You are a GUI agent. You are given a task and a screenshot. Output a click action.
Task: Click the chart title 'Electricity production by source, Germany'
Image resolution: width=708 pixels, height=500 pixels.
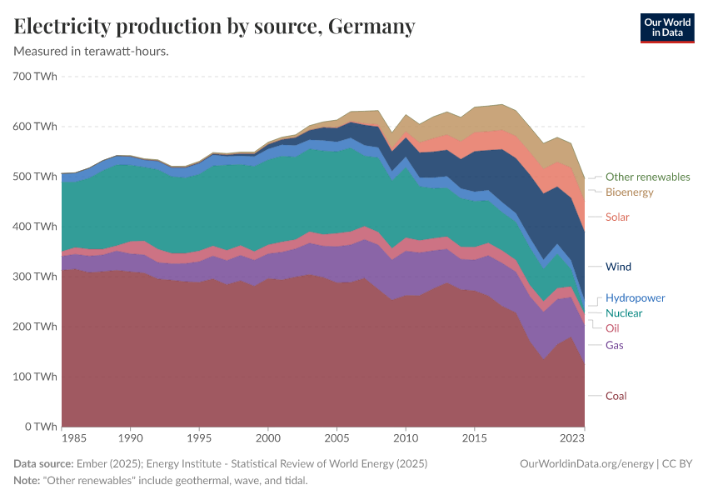tap(214, 27)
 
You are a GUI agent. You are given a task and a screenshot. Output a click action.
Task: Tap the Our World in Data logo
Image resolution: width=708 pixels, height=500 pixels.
tap(667, 27)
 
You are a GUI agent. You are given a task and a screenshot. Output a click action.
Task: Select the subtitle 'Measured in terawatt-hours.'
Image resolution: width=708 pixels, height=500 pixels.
tap(92, 52)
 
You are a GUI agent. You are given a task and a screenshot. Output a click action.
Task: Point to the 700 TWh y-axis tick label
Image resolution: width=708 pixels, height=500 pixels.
tap(35, 77)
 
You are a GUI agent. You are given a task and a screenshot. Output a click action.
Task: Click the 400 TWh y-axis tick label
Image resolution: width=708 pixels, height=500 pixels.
tap(35, 227)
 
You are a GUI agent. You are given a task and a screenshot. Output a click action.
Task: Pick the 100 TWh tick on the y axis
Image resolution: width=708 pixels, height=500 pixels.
tap(35, 377)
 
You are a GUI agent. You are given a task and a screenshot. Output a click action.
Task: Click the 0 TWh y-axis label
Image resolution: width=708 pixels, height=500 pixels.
tap(40, 427)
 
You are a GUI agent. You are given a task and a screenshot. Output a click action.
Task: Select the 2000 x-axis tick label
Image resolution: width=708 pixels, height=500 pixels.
tap(267, 437)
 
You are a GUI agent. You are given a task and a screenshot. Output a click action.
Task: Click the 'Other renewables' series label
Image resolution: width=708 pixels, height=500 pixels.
tap(647, 177)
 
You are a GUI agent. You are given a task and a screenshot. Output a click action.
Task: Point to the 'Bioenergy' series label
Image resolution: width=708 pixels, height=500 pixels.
tap(629, 192)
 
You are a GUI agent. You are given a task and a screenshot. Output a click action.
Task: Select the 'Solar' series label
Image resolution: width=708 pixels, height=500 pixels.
tap(617, 217)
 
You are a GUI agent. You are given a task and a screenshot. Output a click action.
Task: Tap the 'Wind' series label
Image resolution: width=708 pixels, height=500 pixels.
tap(618, 267)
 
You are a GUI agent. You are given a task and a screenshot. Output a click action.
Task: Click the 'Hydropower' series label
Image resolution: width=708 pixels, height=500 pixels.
tap(635, 297)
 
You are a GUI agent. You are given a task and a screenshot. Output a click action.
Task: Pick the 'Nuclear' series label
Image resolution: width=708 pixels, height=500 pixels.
tap(624, 313)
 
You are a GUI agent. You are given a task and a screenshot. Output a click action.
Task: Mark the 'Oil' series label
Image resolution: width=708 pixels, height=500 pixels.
tap(612, 328)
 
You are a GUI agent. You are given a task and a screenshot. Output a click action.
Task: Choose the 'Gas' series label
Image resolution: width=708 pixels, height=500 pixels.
tap(614, 345)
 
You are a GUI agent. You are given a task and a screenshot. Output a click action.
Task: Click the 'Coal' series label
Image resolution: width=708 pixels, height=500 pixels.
tap(616, 396)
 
